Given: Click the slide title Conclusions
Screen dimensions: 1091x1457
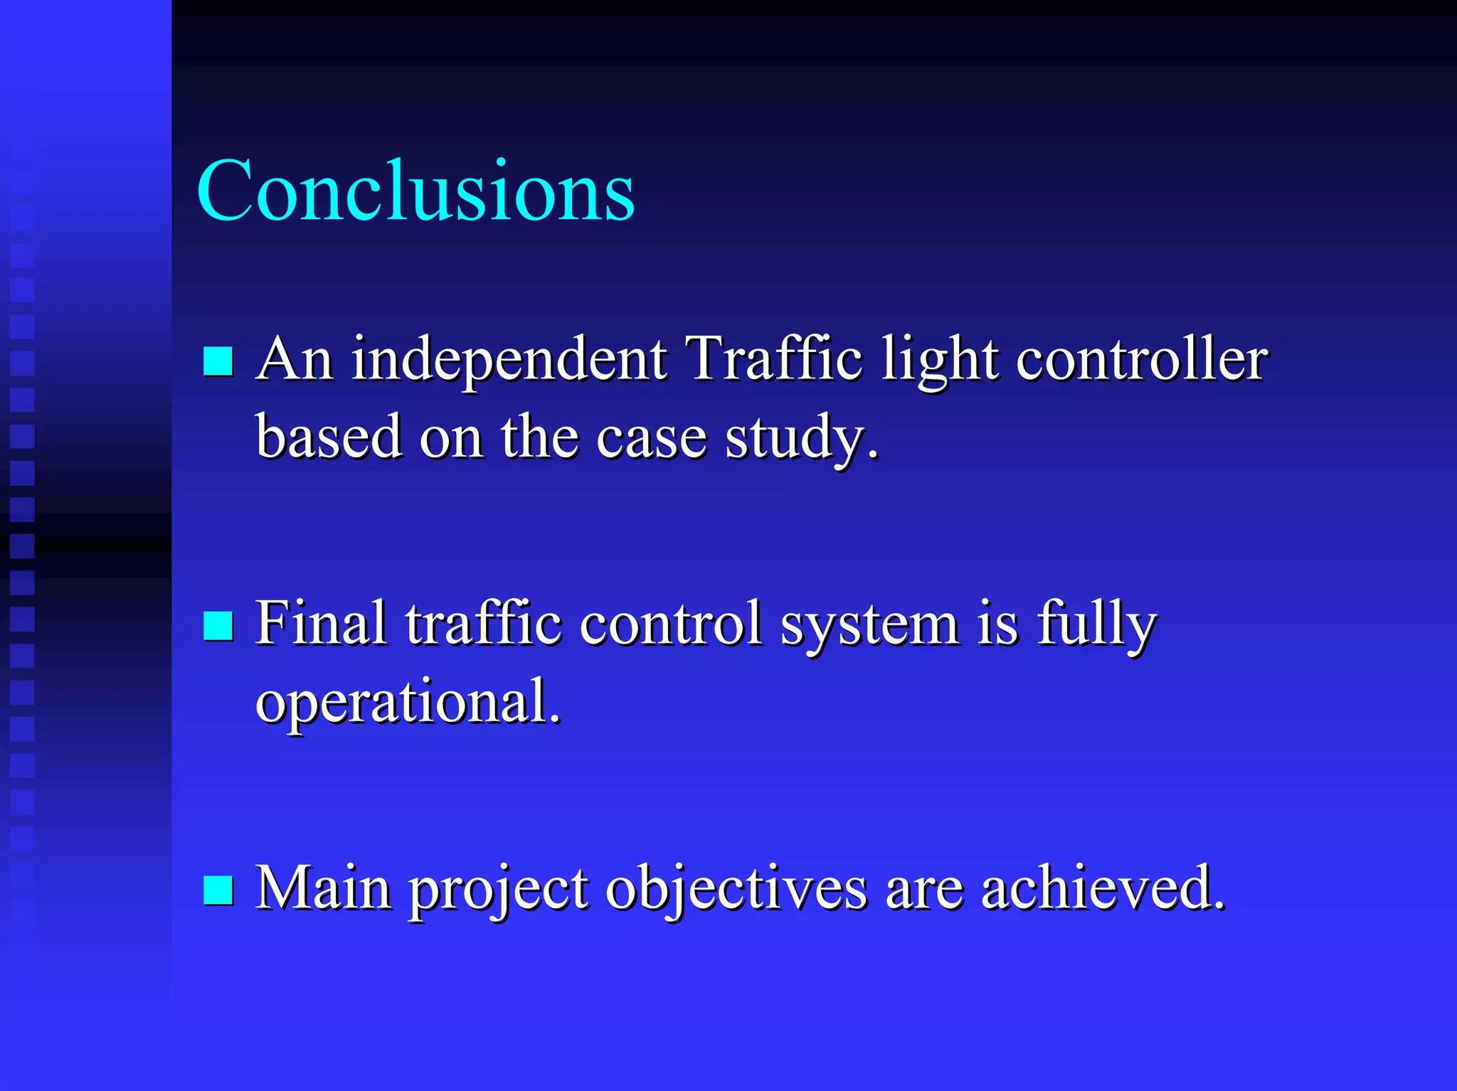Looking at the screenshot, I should tap(415, 191).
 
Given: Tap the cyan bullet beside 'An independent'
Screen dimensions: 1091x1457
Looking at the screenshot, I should tap(218, 361).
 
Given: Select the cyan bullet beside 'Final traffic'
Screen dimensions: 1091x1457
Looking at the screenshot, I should tap(218, 626).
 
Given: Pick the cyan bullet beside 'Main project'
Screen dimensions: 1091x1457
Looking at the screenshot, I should tap(218, 890).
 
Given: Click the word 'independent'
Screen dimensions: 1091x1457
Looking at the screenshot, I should tap(509, 359).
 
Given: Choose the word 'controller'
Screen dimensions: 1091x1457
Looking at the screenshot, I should tap(1141, 359).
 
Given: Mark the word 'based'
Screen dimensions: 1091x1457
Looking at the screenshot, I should tap(329, 437).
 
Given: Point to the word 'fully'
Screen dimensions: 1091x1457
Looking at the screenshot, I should tap(1096, 624).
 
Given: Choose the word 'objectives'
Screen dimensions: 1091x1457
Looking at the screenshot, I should tap(736, 889).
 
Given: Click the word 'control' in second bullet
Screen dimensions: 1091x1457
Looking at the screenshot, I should tap(670, 624).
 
